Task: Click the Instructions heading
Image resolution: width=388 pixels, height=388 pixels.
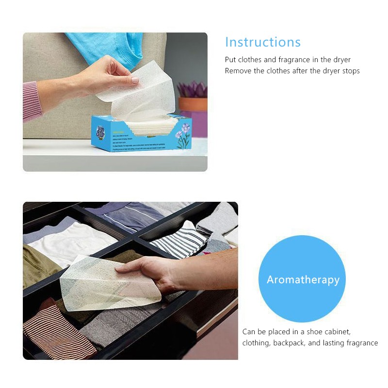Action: coord(263,42)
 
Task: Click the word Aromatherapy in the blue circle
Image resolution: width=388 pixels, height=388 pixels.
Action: coord(303,280)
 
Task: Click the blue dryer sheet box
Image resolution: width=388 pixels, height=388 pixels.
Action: coord(141,136)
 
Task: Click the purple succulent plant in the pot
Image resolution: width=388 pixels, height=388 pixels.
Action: coord(193,89)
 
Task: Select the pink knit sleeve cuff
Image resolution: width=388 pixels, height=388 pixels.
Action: coord(32,100)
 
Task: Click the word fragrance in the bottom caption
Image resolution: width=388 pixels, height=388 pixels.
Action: coord(359,343)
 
